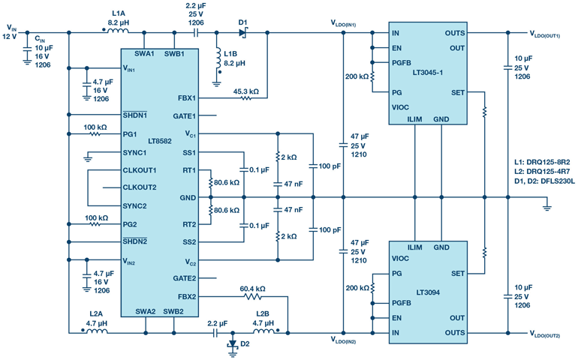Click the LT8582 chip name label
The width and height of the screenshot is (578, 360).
pyautogui.click(x=160, y=141)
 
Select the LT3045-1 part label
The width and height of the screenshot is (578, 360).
pyautogui.click(x=428, y=73)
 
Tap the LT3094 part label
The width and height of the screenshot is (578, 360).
pyautogui.click(x=428, y=292)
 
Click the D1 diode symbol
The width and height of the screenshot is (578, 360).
pyautogui.click(x=242, y=33)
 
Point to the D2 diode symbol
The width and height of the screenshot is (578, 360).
pyautogui.click(x=232, y=343)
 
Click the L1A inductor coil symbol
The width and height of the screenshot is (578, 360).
pyautogui.click(x=118, y=31)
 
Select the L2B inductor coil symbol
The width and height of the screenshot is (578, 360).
pyautogui.click(x=263, y=331)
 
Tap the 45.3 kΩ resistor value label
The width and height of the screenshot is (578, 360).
pyautogui.click(x=246, y=91)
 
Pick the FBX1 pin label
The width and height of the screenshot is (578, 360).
pyautogui.click(x=187, y=98)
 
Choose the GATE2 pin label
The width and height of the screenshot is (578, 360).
pyautogui.click(x=185, y=278)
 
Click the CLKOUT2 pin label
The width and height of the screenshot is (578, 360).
pyautogui.click(x=140, y=187)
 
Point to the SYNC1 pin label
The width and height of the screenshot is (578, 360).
pyautogui.click(x=134, y=152)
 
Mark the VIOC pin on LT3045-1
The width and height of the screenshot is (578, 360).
pyautogui.click(x=400, y=107)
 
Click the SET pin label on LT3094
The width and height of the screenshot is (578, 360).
pyautogui.click(x=458, y=274)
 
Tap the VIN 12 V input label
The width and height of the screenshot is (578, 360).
pyautogui.click(x=10, y=32)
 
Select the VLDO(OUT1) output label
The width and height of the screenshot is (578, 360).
pyautogui.click(x=545, y=34)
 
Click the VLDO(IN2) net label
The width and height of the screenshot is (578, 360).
pyautogui.click(x=343, y=340)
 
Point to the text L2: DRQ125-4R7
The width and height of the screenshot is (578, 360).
pyautogui.click(x=542, y=171)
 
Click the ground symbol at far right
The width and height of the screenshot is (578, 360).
pyautogui.click(x=546, y=205)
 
